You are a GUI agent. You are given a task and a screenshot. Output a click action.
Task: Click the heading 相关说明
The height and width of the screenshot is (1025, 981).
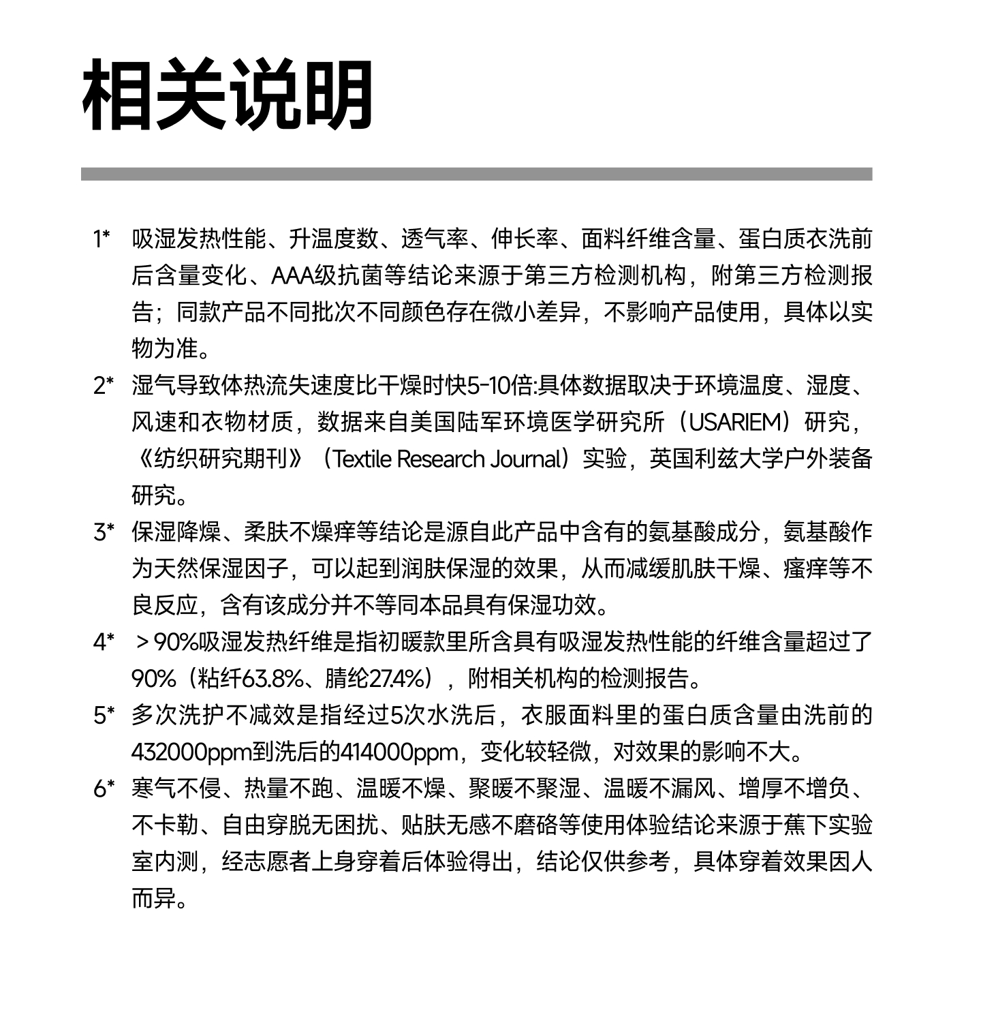point(228,95)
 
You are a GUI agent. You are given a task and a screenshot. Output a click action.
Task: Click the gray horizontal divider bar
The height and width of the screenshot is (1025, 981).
point(476,174)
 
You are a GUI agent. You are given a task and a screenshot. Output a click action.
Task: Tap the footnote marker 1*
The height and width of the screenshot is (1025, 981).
point(102,239)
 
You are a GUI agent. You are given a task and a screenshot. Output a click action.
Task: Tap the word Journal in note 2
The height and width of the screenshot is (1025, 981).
point(525,459)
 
